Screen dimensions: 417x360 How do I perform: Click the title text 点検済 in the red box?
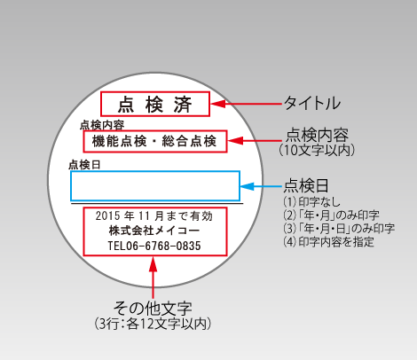(155, 105)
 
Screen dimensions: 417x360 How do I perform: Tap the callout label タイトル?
(312, 103)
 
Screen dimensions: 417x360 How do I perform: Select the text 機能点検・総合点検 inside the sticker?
(154, 141)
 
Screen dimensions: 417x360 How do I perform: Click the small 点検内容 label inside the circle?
(102, 125)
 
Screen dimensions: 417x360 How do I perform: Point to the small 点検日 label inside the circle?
(84, 165)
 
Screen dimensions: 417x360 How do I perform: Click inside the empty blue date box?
(155, 186)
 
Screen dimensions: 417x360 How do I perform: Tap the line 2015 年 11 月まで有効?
(154, 216)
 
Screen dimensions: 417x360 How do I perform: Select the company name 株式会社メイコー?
(154, 231)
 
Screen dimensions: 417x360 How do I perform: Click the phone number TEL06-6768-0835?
(154, 246)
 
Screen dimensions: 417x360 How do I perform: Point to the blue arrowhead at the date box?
(247, 186)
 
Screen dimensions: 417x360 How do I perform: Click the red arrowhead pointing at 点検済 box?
(217, 104)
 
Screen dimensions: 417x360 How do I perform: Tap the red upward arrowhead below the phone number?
(153, 264)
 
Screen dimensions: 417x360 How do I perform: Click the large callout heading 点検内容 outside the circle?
(317, 135)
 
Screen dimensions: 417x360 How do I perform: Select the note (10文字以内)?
(317, 150)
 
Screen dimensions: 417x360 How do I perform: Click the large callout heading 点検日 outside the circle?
(306, 185)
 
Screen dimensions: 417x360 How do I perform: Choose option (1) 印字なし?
(312, 202)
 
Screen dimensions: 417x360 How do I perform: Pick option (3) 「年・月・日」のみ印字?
(339, 228)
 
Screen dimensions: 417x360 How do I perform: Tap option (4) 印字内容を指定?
(328, 241)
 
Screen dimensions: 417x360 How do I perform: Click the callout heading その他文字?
(153, 309)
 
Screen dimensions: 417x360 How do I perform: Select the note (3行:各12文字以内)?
(153, 324)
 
